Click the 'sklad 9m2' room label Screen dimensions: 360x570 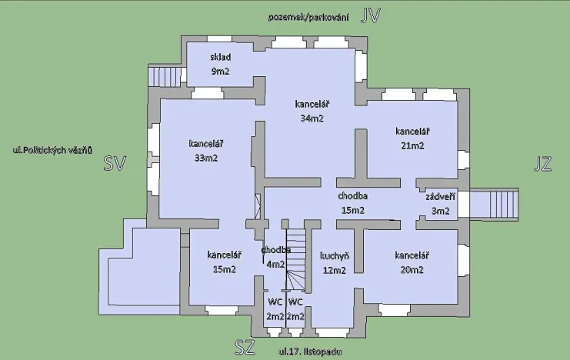221,64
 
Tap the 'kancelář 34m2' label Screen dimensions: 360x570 312,111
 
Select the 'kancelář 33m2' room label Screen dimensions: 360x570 205,150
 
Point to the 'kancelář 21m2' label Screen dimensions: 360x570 412,137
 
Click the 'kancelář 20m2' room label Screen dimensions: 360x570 412,262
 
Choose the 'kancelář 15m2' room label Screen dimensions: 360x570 224,262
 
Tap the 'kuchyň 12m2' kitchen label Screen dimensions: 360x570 335,262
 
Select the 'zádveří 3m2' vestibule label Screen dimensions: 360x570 441,203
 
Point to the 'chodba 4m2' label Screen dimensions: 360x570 275,257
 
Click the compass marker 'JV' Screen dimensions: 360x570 371,17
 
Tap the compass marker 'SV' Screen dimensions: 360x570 115,162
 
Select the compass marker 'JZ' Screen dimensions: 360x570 542,162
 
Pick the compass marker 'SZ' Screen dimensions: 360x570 244,348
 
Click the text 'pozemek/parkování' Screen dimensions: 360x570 308,17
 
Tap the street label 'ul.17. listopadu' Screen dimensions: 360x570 311,352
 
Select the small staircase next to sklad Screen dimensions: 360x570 162,77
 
